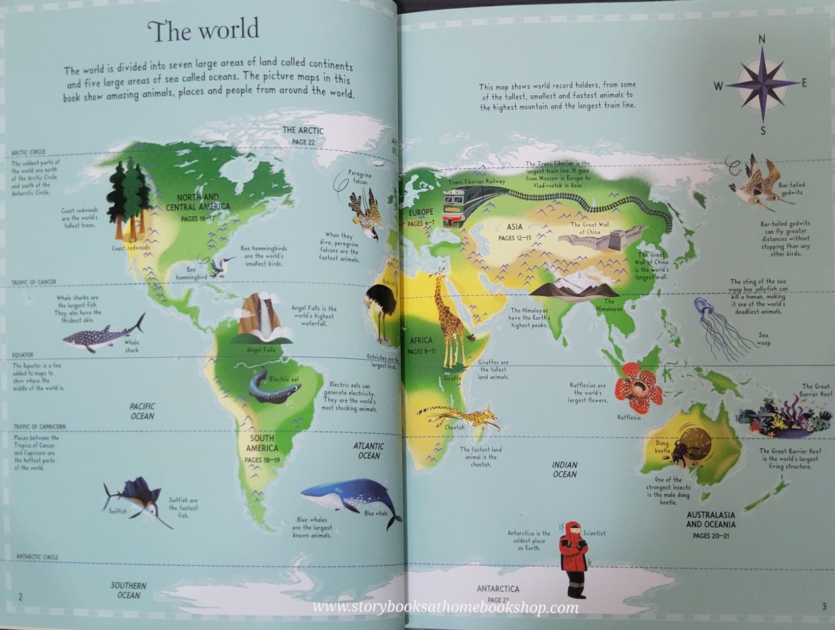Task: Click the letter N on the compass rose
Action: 762,40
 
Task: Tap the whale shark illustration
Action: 101,336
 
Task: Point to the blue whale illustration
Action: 349,496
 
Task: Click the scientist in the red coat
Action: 573,555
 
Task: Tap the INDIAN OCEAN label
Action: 564,469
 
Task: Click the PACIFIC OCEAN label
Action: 142,411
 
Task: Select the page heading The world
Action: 203,30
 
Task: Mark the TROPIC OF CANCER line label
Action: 34,282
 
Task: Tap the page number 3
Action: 824,606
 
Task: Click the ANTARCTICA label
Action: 498,589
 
